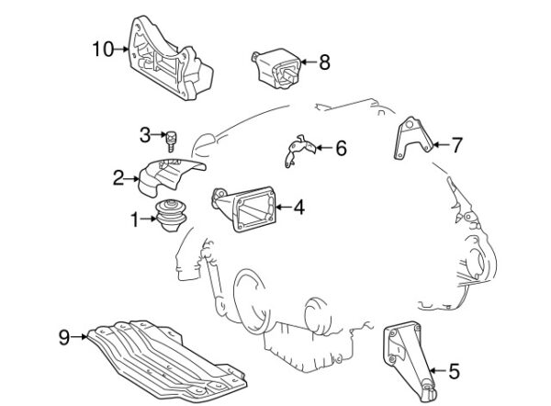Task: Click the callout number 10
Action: tap(104, 49)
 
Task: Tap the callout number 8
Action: tap(323, 62)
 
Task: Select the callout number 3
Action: tap(145, 135)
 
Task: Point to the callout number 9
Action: tap(64, 337)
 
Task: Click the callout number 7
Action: tap(457, 143)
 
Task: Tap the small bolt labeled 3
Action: tap(171, 140)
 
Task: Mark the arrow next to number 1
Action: tap(150, 219)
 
